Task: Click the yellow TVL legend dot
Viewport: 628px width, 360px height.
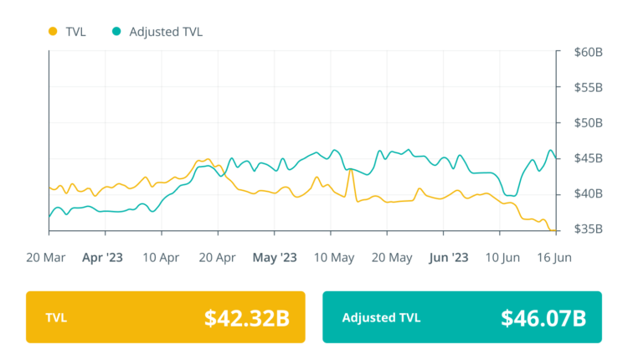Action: (x=53, y=32)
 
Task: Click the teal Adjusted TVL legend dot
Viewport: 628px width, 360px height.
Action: (x=116, y=32)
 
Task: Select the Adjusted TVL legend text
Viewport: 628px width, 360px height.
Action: (x=166, y=32)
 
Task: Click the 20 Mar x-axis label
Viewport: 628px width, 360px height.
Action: (x=47, y=257)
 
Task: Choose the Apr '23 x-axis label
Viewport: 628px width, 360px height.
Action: (x=102, y=257)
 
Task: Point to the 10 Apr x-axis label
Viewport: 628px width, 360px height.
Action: (x=162, y=257)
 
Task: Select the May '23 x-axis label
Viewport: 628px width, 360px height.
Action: (x=275, y=257)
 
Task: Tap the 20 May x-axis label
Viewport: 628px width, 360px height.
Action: (x=390, y=257)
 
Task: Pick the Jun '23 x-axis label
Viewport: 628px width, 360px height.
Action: (x=449, y=257)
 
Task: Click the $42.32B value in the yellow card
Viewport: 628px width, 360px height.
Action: (x=247, y=318)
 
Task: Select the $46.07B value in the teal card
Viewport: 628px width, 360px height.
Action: (x=543, y=318)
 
